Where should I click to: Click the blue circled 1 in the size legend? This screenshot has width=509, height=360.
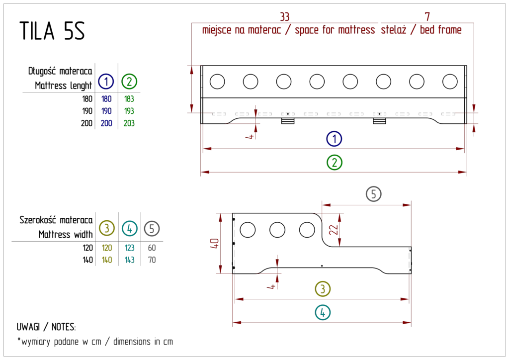tap(105, 81)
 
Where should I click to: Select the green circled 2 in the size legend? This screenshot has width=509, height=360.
tap(129, 81)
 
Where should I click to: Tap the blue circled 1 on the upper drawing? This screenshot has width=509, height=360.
tap(335, 139)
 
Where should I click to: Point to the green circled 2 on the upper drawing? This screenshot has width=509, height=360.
tap(335, 162)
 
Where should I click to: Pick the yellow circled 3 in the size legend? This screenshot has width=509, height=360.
tap(107, 228)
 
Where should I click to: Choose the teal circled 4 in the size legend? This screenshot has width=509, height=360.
tap(129, 228)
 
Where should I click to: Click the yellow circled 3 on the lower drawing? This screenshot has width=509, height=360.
tap(324, 289)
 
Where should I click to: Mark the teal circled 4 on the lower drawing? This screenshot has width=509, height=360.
tap(324, 313)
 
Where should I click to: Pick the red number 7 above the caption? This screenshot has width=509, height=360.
tap(428, 15)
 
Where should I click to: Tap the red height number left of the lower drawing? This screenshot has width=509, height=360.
tap(214, 243)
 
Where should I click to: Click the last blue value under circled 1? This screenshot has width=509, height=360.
tap(106, 123)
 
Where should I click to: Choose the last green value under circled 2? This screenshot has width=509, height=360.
tap(129, 123)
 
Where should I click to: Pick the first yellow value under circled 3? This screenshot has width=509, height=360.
tap(107, 247)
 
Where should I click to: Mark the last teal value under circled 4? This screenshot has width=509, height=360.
tap(129, 260)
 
